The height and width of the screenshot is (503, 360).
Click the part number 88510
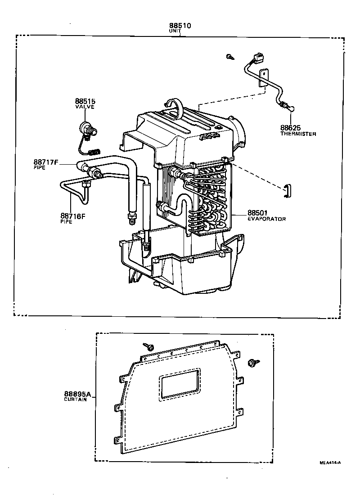180,26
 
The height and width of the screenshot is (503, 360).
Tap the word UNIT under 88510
175,31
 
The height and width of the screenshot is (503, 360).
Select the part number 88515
85,101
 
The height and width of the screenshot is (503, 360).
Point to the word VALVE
85,107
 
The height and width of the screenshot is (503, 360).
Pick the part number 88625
290,128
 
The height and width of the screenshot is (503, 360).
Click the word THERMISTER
298,134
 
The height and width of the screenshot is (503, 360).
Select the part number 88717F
46,162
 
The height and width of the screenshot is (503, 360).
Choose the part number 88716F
73,216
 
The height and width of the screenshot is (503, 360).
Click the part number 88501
257,213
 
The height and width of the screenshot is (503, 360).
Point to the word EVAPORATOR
266,219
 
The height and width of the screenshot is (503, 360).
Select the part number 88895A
78,394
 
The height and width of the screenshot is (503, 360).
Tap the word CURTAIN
76,400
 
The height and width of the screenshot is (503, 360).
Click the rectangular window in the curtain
180,385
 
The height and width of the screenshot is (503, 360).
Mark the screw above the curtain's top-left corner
148,346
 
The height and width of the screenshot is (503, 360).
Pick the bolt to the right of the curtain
253,363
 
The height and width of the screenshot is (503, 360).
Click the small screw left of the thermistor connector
230,57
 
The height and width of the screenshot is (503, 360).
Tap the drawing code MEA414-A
330,462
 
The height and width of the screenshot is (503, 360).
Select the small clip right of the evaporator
287,191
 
